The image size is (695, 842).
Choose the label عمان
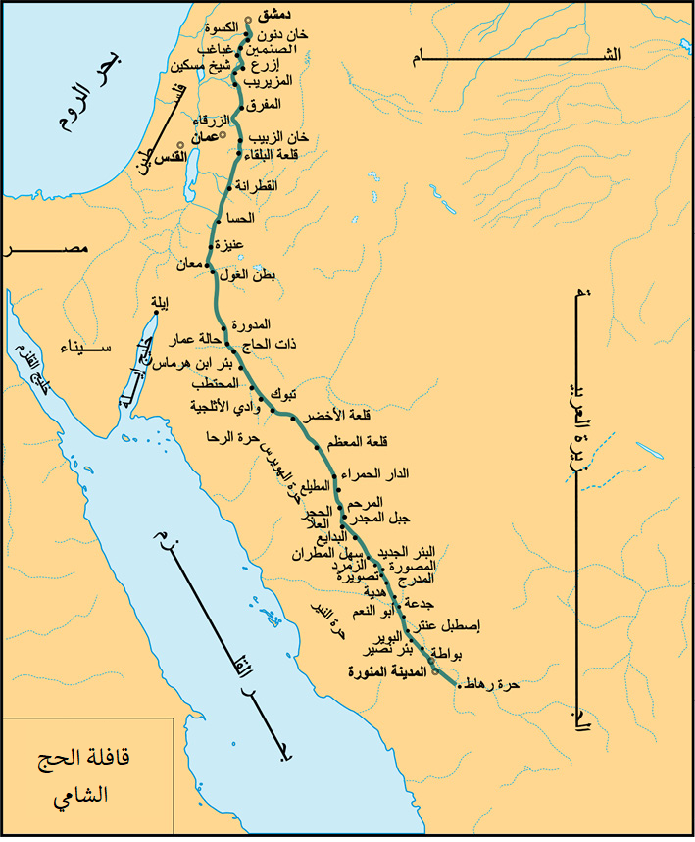point(203,140)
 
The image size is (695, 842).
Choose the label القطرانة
point(257,185)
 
